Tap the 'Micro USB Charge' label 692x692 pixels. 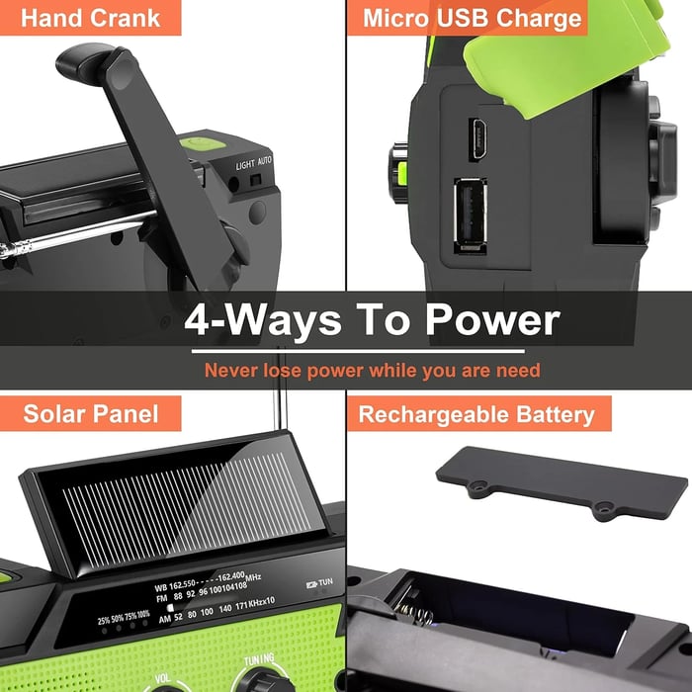coord(472,17)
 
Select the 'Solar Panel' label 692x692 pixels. coord(90,413)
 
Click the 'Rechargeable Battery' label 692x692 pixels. coord(476,413)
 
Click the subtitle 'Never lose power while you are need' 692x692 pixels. coord(372,371)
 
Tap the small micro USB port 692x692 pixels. coord(477,139)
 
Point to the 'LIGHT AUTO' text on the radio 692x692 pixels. coord(254,162)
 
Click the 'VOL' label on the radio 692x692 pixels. coord(164,680)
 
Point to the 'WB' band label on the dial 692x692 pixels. coord(162,587)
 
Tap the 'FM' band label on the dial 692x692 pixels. coord(161,599)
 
